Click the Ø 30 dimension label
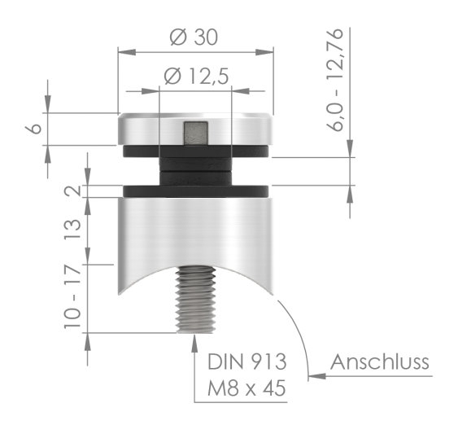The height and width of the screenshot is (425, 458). (196, 37)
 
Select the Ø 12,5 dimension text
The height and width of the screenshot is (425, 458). (195, 77)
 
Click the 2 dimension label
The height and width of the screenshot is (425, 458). (72, 192)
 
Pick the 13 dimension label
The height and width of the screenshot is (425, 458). (72, 231)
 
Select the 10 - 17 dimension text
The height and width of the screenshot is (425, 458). (72, 296)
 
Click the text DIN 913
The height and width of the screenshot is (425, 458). (242, 361)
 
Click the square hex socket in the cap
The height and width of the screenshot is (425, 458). (195, 132)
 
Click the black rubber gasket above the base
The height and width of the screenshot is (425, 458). (195, 191)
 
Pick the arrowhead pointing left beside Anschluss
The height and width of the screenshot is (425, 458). (316, 376)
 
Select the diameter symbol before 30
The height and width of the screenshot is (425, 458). (179, 37)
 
